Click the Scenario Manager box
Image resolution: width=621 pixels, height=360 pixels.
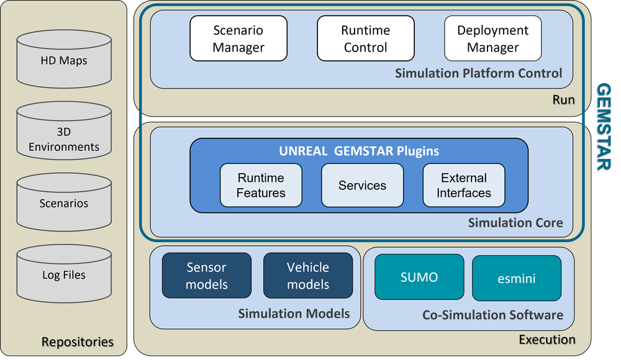coord(238,38)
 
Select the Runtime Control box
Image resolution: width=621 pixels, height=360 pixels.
coord(366,38)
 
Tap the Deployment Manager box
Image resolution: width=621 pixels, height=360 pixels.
coord(492,38)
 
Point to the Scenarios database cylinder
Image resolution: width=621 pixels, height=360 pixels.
coord(64,202)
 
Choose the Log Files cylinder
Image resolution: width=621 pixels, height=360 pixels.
coord(64,274)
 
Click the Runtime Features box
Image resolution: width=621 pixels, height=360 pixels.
coord(261,185)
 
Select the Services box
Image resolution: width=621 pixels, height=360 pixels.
coord(362,185)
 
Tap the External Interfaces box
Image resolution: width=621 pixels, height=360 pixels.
coord(463,185)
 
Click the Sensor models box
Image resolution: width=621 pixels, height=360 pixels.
coord(207,276)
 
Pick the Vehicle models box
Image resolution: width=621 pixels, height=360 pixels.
coord(308,276)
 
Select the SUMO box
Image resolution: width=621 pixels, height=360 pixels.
coord(419,277)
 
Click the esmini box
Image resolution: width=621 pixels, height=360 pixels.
coord(517,278)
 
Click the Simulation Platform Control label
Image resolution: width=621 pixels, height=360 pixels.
coord(478,73)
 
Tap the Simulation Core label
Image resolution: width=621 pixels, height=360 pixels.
coord(515,222)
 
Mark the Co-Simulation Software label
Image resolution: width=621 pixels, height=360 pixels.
coord(492,315)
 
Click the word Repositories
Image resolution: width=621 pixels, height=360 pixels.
coord(78,341)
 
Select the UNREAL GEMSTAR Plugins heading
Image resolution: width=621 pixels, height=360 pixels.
coord(359,151)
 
